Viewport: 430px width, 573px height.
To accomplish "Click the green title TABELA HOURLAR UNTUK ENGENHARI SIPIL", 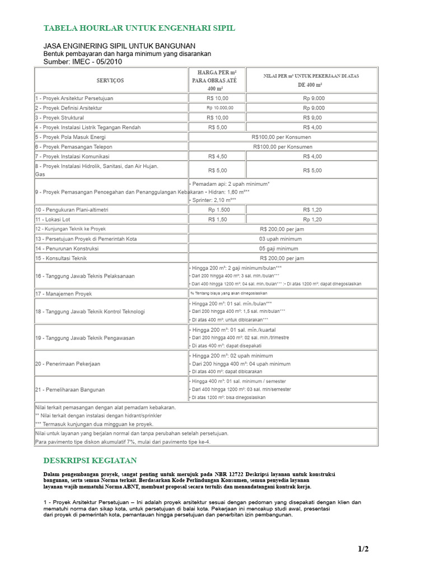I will coord(139,28).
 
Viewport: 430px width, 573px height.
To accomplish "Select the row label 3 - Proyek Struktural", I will coord(60,118).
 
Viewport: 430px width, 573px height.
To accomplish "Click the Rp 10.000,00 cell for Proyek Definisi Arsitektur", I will coord(217,108).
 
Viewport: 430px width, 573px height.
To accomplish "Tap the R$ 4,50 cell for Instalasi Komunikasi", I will coord(217,156).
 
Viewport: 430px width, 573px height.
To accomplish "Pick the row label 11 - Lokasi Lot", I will coord(53,219).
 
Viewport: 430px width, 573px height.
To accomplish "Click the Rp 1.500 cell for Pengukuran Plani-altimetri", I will coord(217,209).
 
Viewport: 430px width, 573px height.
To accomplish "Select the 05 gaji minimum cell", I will coord(283,248).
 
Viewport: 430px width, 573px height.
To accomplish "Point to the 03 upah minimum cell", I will coord(283,238).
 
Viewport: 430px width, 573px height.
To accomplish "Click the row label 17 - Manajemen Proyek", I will coord(63,293).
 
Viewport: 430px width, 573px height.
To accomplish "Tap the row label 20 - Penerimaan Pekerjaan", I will coord(68,364).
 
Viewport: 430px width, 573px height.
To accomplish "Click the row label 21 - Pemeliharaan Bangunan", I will coord(70,389).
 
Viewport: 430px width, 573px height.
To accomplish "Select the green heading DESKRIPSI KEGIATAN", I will coord(90,461).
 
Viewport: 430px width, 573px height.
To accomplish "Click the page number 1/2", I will coord(363,549).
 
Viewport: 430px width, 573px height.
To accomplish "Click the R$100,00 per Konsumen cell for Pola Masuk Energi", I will coord(283,137).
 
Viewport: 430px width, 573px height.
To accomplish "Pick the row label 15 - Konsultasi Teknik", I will coord(61,259).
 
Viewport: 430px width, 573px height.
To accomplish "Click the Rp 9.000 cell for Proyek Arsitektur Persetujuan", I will coord(314,98).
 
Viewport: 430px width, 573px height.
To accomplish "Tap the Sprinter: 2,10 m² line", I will coord(214,200).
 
